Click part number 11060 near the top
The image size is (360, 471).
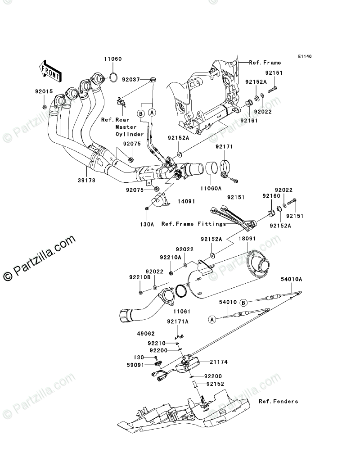[113, 59]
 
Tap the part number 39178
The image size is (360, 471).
[87, 181]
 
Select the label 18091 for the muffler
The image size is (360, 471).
[247, 239]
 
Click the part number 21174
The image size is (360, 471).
[219, 362]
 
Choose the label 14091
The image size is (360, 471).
[186, 202]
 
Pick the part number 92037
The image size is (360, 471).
[131, 80]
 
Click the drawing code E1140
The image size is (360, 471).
[305, 56]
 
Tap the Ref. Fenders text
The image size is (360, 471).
[279, 401]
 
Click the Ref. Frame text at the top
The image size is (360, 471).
[265, 63]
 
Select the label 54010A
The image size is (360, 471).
[292, 279]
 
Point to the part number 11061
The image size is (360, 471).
[182, 312]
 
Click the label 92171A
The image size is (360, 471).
[178, 322]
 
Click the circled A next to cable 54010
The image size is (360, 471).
[212, 320]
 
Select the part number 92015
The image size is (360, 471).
[44, 91]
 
